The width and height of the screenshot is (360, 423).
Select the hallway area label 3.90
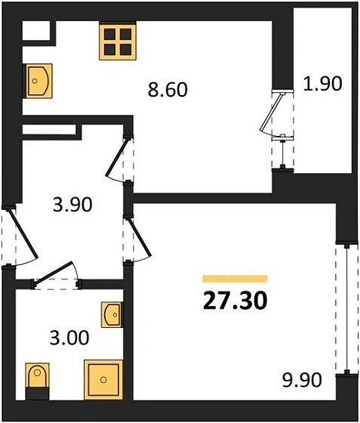coord(73,205)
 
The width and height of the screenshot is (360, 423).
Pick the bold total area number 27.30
coord(235,301)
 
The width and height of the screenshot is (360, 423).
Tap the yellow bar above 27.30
coord(235,279)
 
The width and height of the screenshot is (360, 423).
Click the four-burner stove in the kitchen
coord(116,42)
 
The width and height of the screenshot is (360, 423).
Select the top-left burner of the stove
coord(109,34)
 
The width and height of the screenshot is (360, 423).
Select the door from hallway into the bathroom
coord(56,276)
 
